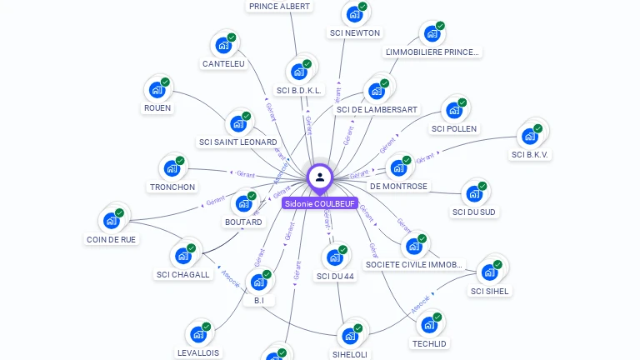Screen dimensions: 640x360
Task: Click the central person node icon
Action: (x=320, y=177)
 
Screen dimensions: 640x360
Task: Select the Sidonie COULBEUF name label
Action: (x=320, y=203)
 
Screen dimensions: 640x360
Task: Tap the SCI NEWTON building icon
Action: (x=354, y=14)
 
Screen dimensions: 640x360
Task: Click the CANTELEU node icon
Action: (x=223, y=45)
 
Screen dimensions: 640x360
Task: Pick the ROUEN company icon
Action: (x=157, y=89)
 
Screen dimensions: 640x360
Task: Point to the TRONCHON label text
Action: (x=172, y=187)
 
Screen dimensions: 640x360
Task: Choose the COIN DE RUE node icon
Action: (x=111, y=221)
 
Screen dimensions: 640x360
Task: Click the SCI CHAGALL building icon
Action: (x=182, y=256)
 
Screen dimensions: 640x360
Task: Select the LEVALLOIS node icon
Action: (x=198, y=334)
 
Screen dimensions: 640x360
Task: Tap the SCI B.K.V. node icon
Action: (x=530, y=136)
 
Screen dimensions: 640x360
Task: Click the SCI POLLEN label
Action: (x=454, y=129)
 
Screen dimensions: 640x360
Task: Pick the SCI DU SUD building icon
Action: (x=474, y=193)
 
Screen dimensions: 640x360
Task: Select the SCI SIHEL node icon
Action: (x=489, y=272)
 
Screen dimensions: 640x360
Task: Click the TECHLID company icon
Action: (x=429, y=324)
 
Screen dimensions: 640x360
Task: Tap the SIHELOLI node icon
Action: (x=350, y=336)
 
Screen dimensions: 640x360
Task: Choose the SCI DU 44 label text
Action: (x=336, y=277)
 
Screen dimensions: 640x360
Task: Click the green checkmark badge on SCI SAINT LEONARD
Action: (x=247, y=116)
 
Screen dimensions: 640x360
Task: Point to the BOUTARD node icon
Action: (x=243, y=203)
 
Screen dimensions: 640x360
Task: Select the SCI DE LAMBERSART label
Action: (x=377, y=109)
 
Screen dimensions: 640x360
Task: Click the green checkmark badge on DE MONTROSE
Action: (x=407, y=159)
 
